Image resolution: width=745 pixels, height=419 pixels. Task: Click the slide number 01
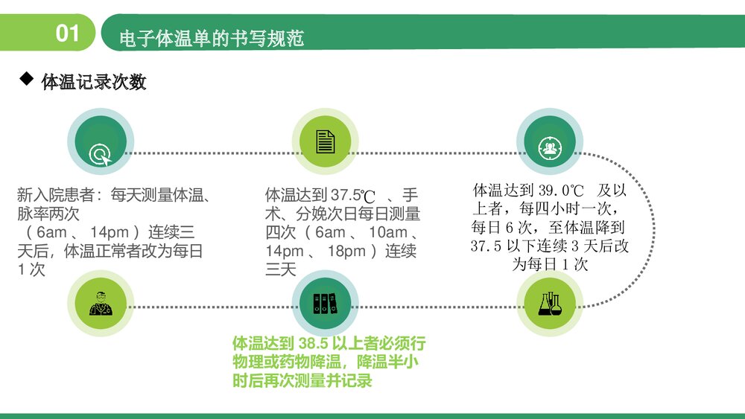(x=68, y=33)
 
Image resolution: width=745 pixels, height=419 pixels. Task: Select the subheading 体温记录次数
(x=94, y=82)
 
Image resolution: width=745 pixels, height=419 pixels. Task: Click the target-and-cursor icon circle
(x=101, y=143)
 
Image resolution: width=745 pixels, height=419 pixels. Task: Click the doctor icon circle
(x=100, y=303)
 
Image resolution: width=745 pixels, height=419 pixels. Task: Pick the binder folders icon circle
(x=325, y=303)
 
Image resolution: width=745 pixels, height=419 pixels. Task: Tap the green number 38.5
(x=313, y=344)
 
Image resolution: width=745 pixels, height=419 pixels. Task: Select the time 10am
(x=387, y=233)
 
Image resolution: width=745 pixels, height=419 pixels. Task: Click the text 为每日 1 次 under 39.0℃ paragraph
(x=550, y=264)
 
